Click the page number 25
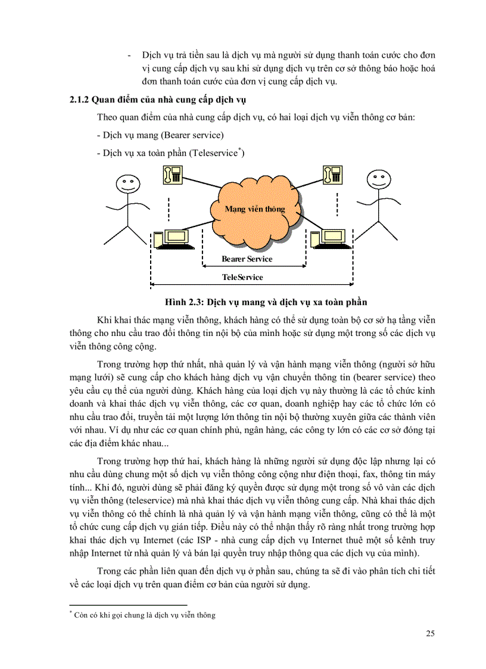point(430,633)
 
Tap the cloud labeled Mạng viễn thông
point(254,209)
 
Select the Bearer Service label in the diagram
point(247,259)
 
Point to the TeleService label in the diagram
point(242,277)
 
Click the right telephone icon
point(332,174)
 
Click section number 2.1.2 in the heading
point(82,99)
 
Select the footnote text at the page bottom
point(142,615)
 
